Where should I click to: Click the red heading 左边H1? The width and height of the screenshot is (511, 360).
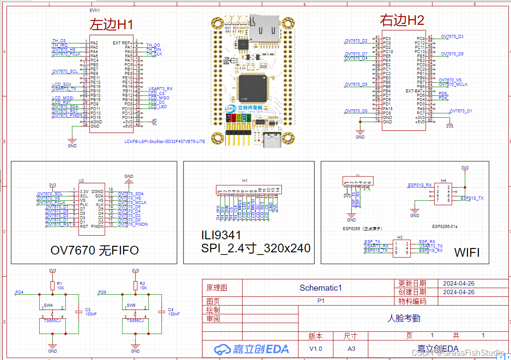[x=111, y=24]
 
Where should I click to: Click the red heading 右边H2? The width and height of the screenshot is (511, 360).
[x=402, y=20]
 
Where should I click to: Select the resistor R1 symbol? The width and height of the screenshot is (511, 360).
[x=53, y=285]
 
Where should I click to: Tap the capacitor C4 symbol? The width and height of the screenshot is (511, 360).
[x=162, y=311]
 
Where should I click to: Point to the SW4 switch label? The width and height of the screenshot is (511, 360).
[x=48, y=305]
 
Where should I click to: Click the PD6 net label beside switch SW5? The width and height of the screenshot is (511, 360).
[x=102, y=292]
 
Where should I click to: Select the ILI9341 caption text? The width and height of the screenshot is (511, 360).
[x=221, y=236]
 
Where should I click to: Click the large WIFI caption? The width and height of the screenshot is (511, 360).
[x=467, y=252]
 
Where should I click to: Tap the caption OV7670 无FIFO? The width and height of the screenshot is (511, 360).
[x=95, y=250]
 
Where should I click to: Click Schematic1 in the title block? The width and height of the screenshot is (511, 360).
[x=321, y=288]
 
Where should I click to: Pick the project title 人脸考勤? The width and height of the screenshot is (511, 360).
[x=403, y=318]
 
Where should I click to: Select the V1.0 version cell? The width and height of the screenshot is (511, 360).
[x=316, y=349]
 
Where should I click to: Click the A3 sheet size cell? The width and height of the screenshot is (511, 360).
[x=351, y=349]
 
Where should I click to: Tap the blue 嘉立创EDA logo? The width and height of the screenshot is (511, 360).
[x=251, y=349]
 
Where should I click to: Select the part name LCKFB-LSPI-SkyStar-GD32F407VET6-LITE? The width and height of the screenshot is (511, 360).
[x=164, y=141]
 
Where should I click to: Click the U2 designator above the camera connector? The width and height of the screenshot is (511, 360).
[x=81, y=180]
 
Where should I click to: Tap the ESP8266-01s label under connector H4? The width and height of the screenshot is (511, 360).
[x=444, y=227]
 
